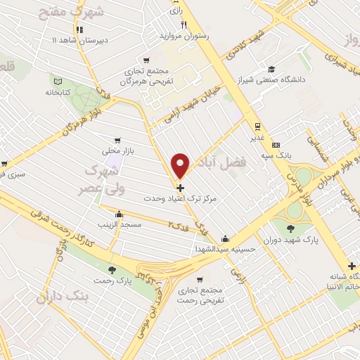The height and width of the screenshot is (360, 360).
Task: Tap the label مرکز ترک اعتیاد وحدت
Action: (181, 200)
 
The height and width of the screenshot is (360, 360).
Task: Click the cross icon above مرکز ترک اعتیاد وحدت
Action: (181, 188)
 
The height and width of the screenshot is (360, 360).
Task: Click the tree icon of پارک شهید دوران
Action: (290, 226)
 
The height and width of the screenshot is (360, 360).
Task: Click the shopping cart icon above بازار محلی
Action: (117, 139)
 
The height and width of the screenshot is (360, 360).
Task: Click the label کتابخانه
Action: (60, 92)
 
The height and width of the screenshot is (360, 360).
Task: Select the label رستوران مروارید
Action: (184, 34)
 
